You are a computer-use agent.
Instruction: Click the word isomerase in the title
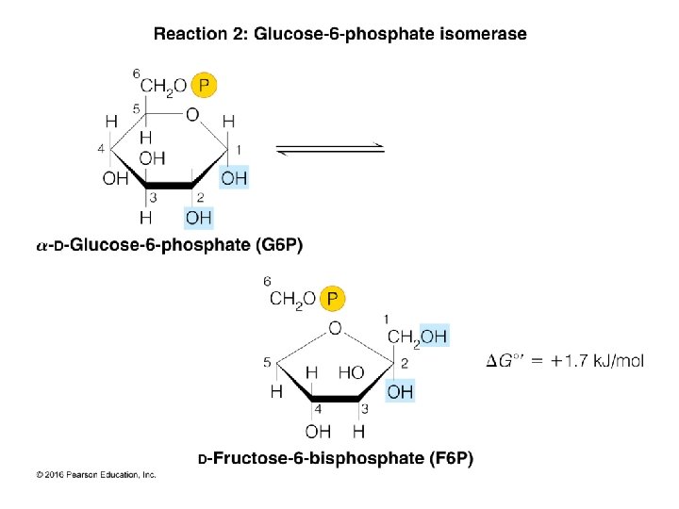[x=482, y=35]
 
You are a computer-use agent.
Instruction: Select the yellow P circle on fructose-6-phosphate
[x=334, y=299]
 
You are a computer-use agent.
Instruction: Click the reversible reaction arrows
[x=329, y=148]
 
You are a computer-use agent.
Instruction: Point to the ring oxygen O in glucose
[x=192, y=115]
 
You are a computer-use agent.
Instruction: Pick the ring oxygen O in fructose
[x=335, y=328]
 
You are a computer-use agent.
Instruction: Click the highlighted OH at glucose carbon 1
[x=234, y=178]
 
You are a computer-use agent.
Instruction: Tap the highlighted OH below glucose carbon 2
[x=198, y=219]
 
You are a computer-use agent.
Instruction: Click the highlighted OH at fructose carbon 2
[x=400, y=390]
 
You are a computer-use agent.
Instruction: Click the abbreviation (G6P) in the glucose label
[x=279, y=245]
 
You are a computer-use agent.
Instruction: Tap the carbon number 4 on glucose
[x=101, y=148]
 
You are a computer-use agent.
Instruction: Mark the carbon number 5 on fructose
[x=268, y=361]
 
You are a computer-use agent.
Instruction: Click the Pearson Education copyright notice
[x=96, y=475]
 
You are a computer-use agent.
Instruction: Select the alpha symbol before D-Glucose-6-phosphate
[x=41, y=246]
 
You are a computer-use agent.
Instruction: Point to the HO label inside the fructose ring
[x=350, y=373]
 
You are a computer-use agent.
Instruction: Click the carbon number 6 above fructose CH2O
[x=268, y=281]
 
